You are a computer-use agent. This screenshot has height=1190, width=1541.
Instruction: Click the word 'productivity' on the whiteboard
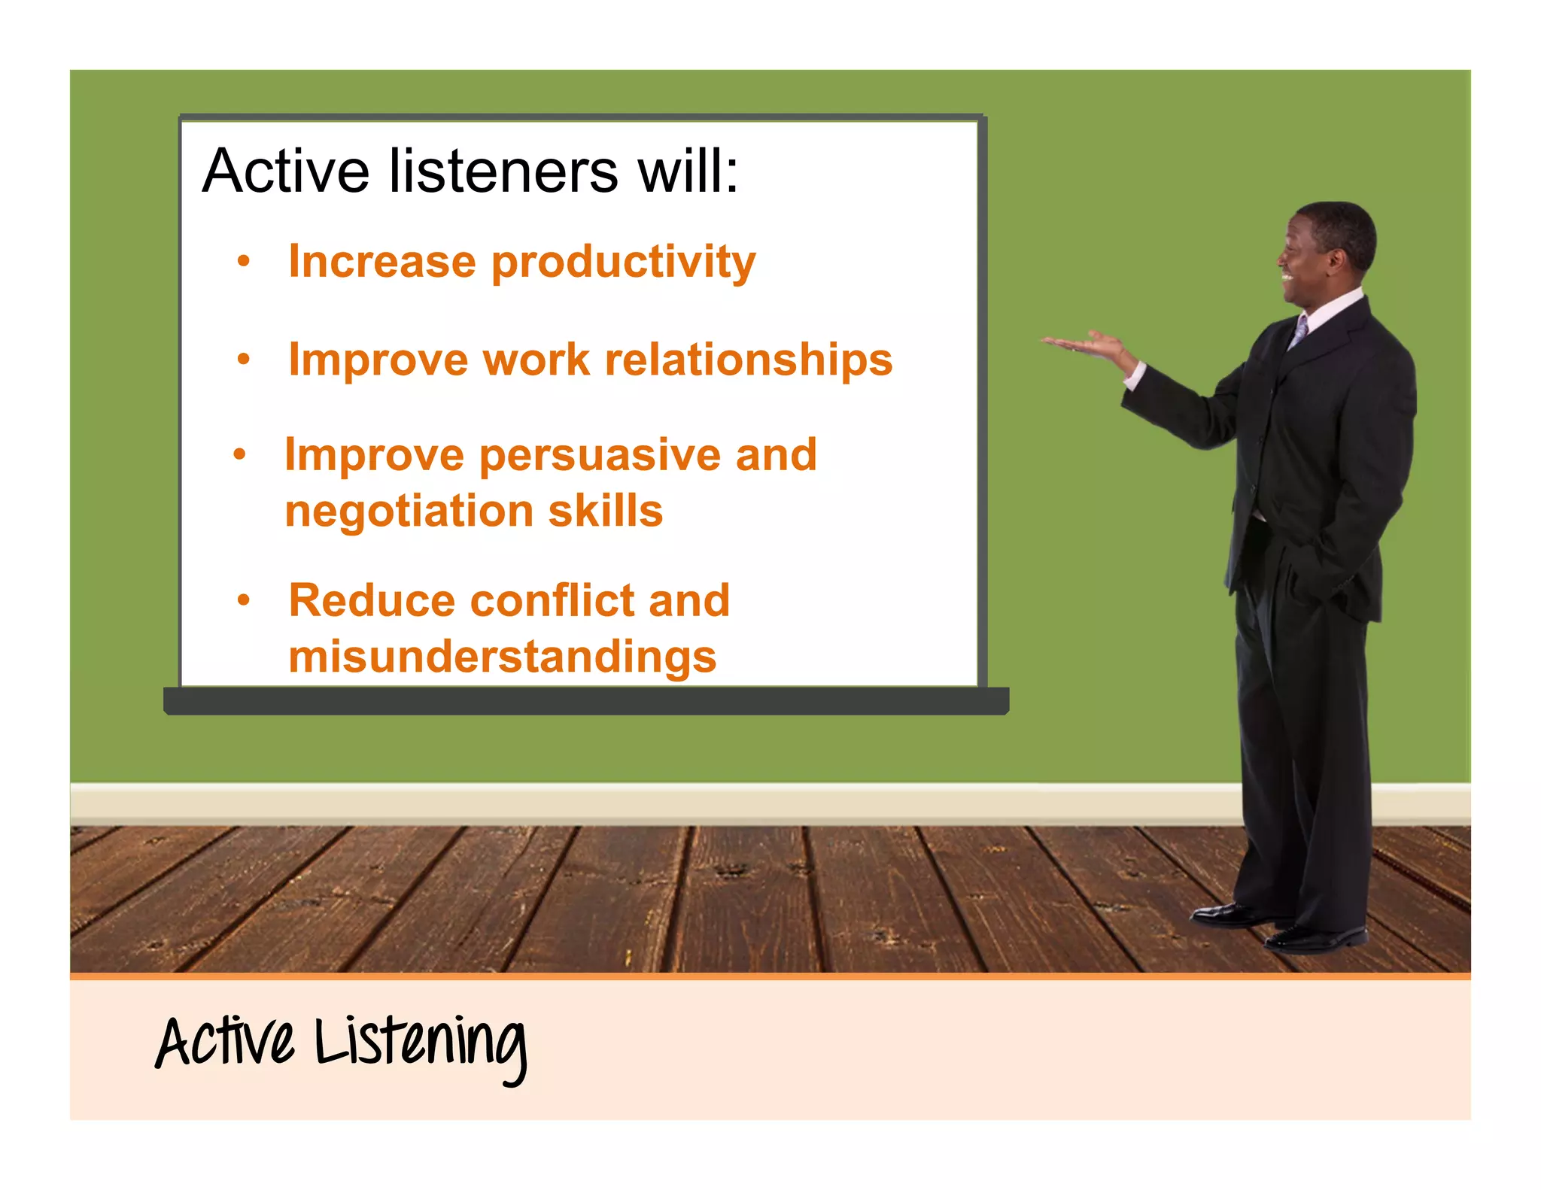[623, 263]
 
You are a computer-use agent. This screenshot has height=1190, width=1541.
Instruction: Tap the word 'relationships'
[749, 360]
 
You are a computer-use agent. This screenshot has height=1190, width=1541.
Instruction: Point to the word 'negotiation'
[409, 512]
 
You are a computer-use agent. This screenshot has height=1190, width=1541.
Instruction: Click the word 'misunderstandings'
[502, 657]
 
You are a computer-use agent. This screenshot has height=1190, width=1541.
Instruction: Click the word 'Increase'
[381, 262]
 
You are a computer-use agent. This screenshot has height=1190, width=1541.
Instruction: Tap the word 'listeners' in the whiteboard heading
[503, 172]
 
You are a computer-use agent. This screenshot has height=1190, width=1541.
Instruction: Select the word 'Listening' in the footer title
[421, 1044]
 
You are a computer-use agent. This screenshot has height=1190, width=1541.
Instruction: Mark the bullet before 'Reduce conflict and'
[243, 600]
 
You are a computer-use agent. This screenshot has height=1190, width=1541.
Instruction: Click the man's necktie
[1299, 331]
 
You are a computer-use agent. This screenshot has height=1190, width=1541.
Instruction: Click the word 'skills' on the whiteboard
[605, 512]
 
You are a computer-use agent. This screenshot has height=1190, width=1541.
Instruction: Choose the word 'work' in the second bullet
[536, 360]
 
